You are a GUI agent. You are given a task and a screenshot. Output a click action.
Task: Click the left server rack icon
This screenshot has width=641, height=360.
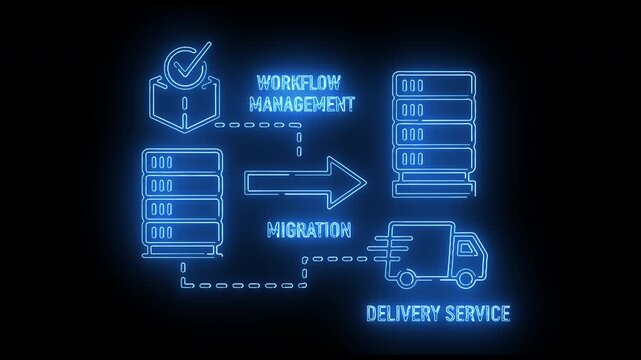(x=181, y=205)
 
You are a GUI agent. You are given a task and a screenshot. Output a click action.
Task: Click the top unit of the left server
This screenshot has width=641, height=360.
(x=181, y=161)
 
